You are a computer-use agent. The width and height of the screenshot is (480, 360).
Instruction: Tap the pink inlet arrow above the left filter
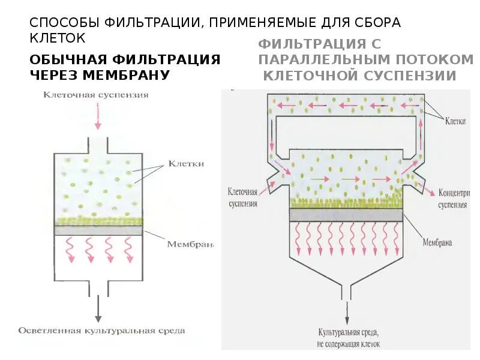coord(98,116)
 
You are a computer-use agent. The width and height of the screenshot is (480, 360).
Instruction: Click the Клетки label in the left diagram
coord(186,164)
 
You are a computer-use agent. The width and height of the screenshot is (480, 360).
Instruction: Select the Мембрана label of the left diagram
coord(190,244)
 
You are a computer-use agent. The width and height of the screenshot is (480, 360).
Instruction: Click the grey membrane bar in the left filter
coord(98,230)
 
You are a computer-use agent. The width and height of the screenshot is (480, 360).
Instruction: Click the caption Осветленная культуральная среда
coord(102,330)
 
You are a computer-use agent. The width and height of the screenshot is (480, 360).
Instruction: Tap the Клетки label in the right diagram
coord(457,120)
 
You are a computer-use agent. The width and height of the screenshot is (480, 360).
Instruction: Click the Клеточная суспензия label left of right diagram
coord(243,198)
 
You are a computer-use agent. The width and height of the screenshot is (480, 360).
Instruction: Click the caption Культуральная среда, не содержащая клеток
coord(348,338)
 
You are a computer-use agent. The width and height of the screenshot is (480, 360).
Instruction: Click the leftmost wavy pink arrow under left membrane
coord(70,250)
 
